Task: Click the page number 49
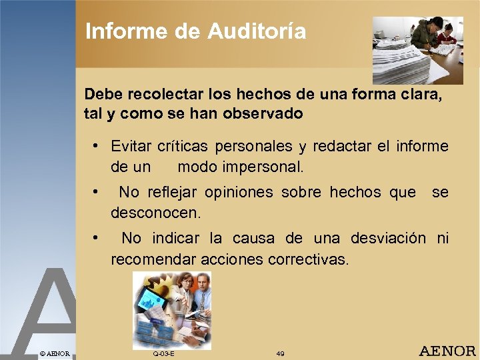coord(280,353)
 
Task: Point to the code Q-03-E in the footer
coord(163,353)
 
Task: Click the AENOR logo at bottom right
coord(447,351)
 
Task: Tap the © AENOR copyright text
coord(55,352)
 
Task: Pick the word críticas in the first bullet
coord(182,146)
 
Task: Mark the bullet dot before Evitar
coord(97,145)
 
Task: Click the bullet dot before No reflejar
coord(97,192)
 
